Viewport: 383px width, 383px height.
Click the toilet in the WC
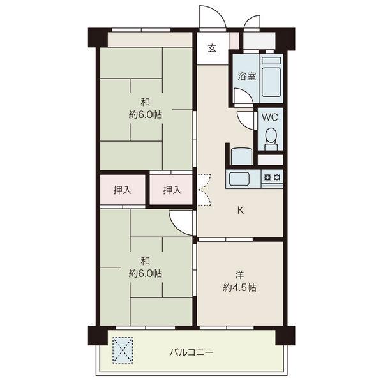click(x=271, y=139)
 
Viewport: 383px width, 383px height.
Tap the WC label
click(x=270, y=117)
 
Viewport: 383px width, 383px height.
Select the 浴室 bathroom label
click(x=246, y=77)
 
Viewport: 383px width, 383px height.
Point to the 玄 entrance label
click(x=212, y=49)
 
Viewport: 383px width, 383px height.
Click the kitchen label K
click(x=241, y=210)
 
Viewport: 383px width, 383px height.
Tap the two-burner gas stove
click(x=273, y=177)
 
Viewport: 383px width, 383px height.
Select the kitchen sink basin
click(x=239, y=179)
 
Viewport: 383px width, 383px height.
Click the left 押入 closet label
click(x=123, y=190)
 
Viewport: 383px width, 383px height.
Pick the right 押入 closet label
click(x=172, y=190)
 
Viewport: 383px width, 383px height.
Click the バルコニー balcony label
click(x=191, y=352)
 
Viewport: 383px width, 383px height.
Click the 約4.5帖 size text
click(x=239, y=288)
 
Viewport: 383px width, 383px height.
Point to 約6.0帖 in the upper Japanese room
click(x=146, y=114)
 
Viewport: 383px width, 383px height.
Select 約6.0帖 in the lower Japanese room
click(x=146, y=274)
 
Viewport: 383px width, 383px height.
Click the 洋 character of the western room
click(x=239, y=274)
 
